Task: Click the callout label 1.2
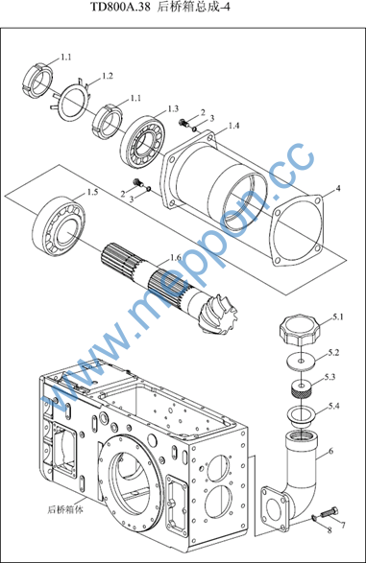(108, 76)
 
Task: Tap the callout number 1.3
(173, 108)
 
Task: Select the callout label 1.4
(233, 126)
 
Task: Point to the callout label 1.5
(92, 193)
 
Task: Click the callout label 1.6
(176, 257)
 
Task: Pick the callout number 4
(338, 188)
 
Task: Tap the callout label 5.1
(338, 317)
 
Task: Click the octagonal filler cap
(299, 329)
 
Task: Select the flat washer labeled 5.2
(302, 360)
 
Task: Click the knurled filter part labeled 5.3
(302, 388)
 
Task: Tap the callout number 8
(329, 530)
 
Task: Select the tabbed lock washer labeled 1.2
(72, 99)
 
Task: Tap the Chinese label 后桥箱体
(65, 509)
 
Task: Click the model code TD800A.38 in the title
(120, 7)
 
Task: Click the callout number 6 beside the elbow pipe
(331, 451)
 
